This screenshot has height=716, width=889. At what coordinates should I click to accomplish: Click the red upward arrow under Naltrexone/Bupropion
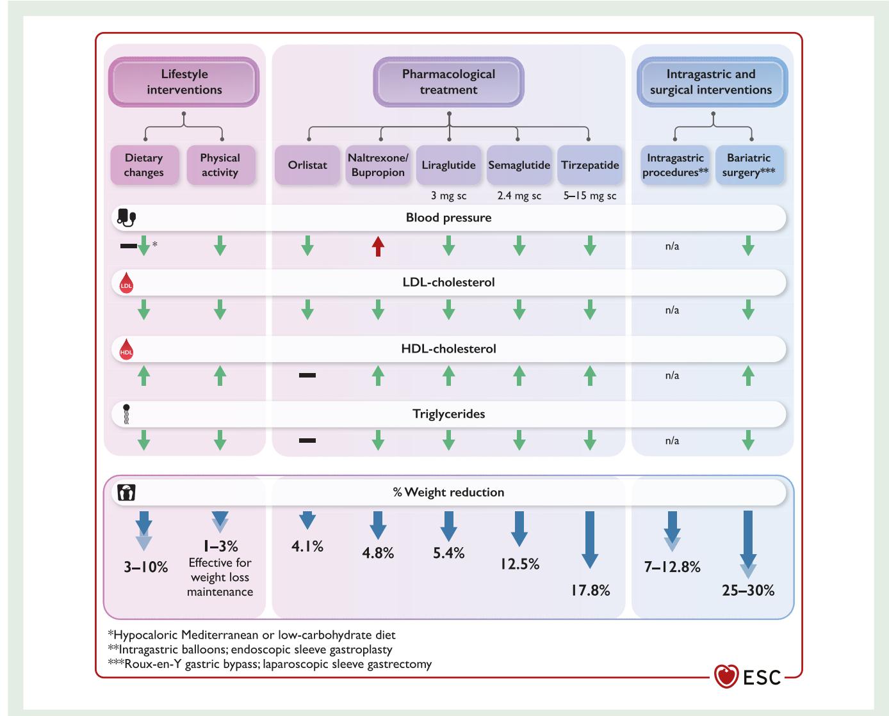click(x=378, y=246)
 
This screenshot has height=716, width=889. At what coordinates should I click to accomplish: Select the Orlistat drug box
click(x=307, y=165)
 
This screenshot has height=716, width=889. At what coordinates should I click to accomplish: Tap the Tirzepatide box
click(x=590, y=165)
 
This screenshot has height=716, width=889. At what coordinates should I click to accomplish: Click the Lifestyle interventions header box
click(x=184, y=82)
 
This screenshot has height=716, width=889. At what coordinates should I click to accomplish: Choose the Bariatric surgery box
click(x=749, y=165)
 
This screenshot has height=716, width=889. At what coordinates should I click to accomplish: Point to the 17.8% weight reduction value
click(x=591, y=590)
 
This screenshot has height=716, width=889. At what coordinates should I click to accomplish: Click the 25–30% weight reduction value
click(x=748, y=590)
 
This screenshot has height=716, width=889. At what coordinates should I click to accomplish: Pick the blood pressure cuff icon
click(x=126, y=218)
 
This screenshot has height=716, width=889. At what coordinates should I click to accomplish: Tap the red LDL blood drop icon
click(x=126, y=283)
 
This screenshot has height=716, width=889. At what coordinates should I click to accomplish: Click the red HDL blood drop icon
click(x=126, y=349)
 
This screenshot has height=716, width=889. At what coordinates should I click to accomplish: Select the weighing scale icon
click(x=126, y=492)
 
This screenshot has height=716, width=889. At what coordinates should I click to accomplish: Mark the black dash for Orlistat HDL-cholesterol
click(x=307, y=375)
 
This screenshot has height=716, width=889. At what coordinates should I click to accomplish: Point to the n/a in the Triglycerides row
click(x=672, y=441)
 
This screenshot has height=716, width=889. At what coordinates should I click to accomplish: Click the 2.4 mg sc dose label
click(x=519, y=196)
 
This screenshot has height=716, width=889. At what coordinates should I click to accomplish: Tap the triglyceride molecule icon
click(x=126, y=415)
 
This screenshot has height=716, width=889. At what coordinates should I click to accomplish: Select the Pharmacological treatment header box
click(x=448, y=82)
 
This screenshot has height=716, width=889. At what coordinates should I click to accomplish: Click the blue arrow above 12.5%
click(x=519, y=529)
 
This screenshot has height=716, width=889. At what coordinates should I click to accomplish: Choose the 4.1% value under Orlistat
click(x=307, y=546)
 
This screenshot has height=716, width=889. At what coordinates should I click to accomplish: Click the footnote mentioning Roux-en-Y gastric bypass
click(x=270, y=664)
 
